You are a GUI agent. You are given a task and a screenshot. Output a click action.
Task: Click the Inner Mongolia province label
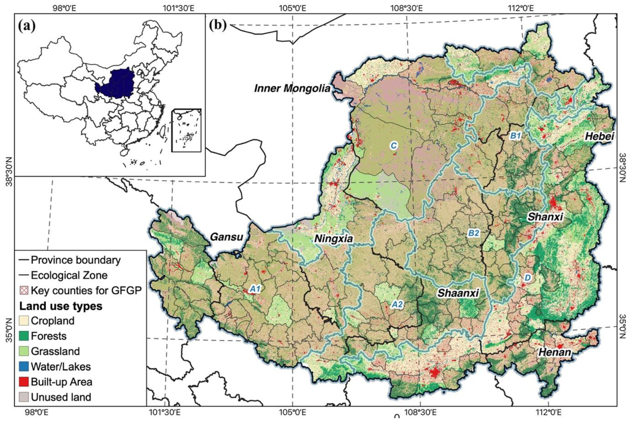(x=292, y=88)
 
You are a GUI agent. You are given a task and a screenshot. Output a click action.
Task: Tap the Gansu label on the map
(x=227, y=237)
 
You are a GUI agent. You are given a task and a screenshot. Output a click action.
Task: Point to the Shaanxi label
(x=458, y=293)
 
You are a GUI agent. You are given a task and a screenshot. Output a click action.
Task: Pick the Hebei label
(x=599, y=136)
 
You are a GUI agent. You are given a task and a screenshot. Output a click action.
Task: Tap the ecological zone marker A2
(x=397, y=304)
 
